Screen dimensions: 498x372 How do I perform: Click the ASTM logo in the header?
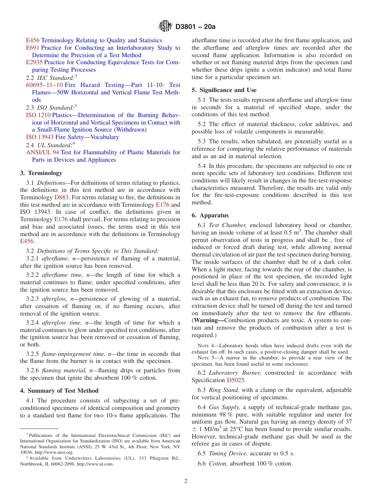(x=165, y=26)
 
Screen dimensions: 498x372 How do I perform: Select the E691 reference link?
(x=33, y=48)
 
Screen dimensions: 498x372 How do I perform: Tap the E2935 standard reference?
(x=34, y=62)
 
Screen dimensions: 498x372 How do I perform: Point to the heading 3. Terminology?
(x=41, y=173)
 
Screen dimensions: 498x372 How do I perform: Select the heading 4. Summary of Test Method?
(x=59, y=391)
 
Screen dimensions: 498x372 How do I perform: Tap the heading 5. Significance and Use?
(x=224, y=90)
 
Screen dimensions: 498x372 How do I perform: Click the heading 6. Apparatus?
(x=210, y=215)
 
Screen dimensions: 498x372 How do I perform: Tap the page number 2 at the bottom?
(x=186, y=481)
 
